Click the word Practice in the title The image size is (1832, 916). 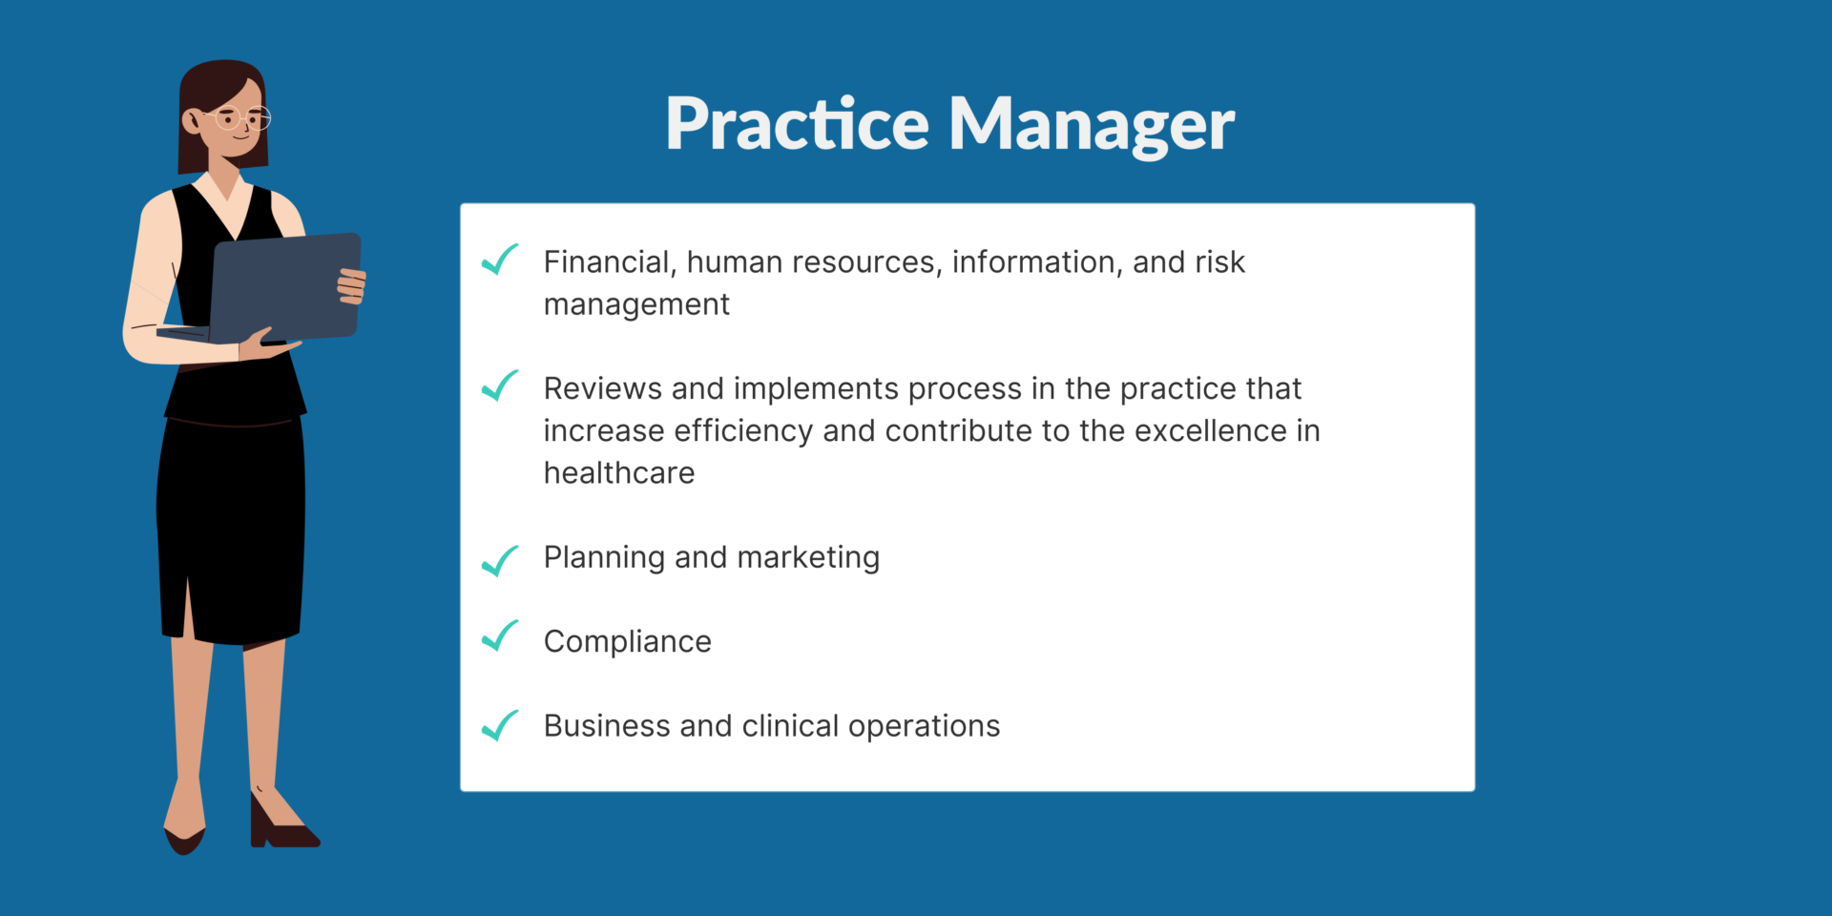(x=797, y=123)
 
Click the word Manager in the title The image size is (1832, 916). (x=1092, y=125)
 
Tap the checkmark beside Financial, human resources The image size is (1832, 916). (x=500, y=260)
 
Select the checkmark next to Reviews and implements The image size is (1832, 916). (x=500, y=385)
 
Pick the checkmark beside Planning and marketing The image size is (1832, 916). (x=500, y=561)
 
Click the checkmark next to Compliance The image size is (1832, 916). (x=500, y=635)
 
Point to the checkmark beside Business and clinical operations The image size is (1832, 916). (x=500, y=725)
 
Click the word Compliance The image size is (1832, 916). (x=628, y=642)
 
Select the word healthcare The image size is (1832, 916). (x=619, y=472)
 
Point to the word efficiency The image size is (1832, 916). (x=744, y=431)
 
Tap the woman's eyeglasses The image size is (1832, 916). (x=243, y=119)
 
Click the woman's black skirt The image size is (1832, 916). (x=231, y=530)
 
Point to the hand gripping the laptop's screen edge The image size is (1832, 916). (x=351, y=285)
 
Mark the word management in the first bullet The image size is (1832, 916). (x=636, y=305)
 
